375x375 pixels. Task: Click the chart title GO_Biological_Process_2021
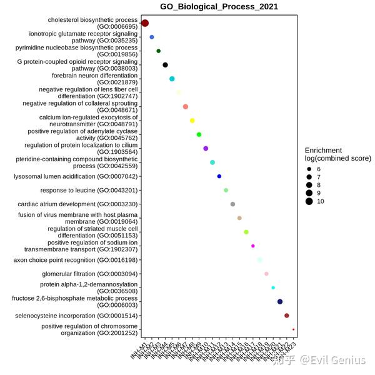(219, 7)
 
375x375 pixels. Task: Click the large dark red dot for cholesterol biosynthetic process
(145, 23)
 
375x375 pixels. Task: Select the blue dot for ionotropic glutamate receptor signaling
(152, 37)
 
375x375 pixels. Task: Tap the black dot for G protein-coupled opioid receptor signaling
(165, 65)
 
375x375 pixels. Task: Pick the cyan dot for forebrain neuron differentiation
(172, 79)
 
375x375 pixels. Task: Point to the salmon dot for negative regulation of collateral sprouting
(186, 107)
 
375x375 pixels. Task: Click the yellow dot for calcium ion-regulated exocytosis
(192, 121)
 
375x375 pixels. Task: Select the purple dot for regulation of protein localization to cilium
(206, 148)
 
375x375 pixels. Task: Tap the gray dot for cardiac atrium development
(232, 204)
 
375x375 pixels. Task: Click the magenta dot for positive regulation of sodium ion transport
(253, 246)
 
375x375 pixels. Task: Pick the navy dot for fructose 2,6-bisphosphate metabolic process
(280, 302)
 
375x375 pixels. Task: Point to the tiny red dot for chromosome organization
(294, 329)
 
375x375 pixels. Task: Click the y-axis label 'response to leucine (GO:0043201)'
(89, 190)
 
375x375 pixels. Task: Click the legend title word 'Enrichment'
(323, 151)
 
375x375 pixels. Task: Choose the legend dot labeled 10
(309, 201)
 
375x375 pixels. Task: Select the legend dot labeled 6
(309, 169)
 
